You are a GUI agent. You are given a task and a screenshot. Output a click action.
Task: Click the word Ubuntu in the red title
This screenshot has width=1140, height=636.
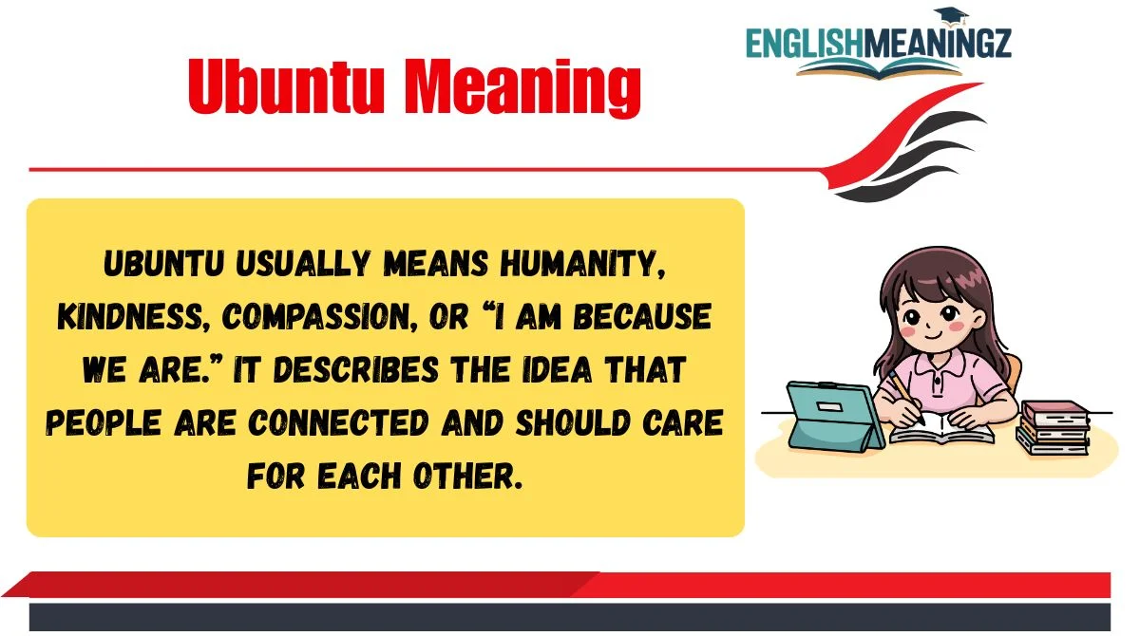pos(286,85)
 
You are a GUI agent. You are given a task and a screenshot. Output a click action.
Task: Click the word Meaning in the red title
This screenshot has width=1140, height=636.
pos(522,87)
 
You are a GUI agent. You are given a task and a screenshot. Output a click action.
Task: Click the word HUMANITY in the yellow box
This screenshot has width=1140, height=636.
pos(582,264)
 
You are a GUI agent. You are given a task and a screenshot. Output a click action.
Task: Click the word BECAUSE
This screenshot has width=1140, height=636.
pos(642,316)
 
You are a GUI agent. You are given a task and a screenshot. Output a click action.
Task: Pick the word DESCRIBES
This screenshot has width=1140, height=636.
pos(355,369)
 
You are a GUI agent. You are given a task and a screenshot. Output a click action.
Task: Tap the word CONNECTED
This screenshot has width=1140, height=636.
pos(339,423)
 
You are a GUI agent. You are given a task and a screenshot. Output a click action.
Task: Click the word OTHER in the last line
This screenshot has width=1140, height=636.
pos(467,477)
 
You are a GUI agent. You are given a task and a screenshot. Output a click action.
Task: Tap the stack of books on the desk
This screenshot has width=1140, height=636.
pos(1053,427)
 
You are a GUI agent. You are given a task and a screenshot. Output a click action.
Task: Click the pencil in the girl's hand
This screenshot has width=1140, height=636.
pos(906,398)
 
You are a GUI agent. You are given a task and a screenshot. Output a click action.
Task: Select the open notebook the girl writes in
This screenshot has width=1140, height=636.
pos(941,430)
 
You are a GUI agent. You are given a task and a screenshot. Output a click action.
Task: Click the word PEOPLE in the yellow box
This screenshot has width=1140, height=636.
pos(104,423)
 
